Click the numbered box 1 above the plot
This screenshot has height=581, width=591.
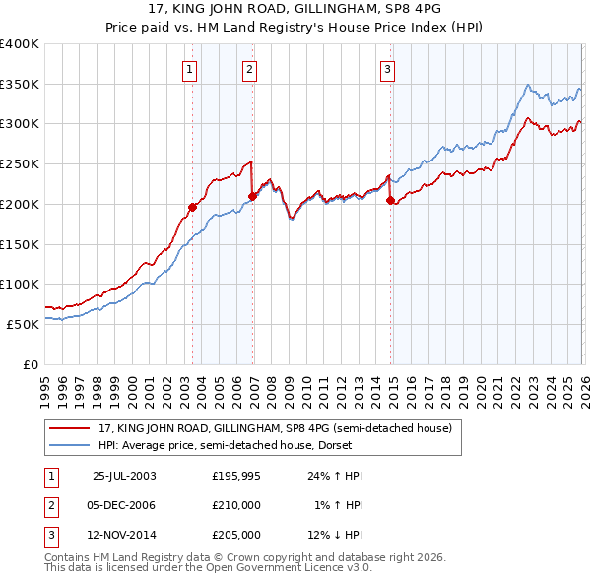pyautogui.click(x=188, y=69)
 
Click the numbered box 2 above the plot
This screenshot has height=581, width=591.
pyautogui.click(x=249, y=69)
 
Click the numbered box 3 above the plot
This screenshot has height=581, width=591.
pyautogui.click(x=387, y=69)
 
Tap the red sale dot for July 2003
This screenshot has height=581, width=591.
pyautogui.click(x=193, y=207)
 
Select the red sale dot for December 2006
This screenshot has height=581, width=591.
pyautogui.click(x=252, y=196)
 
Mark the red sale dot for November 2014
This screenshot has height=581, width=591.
pyautogui.click(x=390, y=200)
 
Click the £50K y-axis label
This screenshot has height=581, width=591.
pyautogui.click(x=23, y=324)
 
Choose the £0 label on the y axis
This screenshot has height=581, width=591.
pyautogui.click(x=30, y=364)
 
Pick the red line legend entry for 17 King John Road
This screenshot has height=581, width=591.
pyautogui.click(x=275, y=428)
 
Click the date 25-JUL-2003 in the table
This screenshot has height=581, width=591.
pyautogui.click(x=123, y=475)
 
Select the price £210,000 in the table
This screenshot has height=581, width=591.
pyautogui.click(x=236, y=505)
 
